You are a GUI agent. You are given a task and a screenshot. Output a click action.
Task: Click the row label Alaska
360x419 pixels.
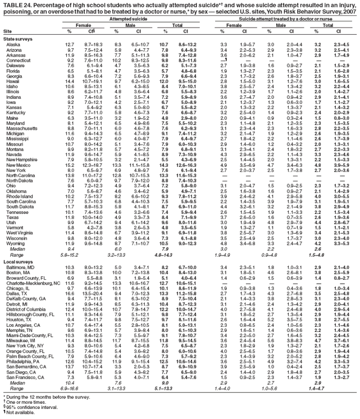point(12,44)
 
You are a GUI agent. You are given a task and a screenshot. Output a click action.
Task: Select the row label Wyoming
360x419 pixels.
point(14,274)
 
